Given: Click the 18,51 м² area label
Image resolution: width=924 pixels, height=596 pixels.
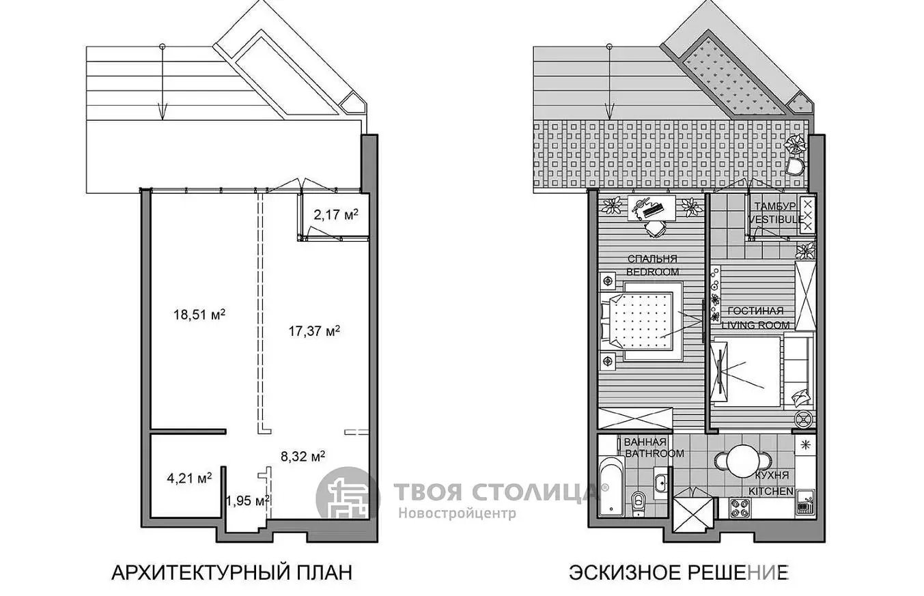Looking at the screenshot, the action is point(199,315).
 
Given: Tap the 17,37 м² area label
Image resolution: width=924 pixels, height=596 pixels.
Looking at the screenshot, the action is point(314,331).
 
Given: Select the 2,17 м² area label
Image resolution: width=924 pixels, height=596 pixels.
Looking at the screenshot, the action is point(336,214).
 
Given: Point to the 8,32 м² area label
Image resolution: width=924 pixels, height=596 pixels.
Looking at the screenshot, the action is point(303,456).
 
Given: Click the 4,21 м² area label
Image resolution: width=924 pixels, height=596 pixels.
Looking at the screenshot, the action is point(189,478).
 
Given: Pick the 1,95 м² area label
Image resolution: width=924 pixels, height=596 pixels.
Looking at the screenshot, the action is point(248,501).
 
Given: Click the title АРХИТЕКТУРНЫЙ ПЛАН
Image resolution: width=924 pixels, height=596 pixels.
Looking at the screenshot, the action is point(232,573).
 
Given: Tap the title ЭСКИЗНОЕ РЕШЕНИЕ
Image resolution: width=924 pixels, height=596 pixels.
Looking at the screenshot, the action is point(679,573).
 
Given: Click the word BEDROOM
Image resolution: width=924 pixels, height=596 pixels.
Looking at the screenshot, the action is point(653,272).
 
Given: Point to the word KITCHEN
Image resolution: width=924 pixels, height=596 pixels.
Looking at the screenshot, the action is point(771,492).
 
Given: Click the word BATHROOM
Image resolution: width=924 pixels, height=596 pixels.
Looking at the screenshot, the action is point(655,453).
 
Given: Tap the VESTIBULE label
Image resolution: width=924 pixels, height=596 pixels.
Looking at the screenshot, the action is point(776,219).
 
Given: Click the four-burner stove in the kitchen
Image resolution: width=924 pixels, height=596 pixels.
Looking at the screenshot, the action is point(741,508).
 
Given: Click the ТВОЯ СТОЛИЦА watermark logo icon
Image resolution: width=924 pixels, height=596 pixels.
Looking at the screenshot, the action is point(347,498).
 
